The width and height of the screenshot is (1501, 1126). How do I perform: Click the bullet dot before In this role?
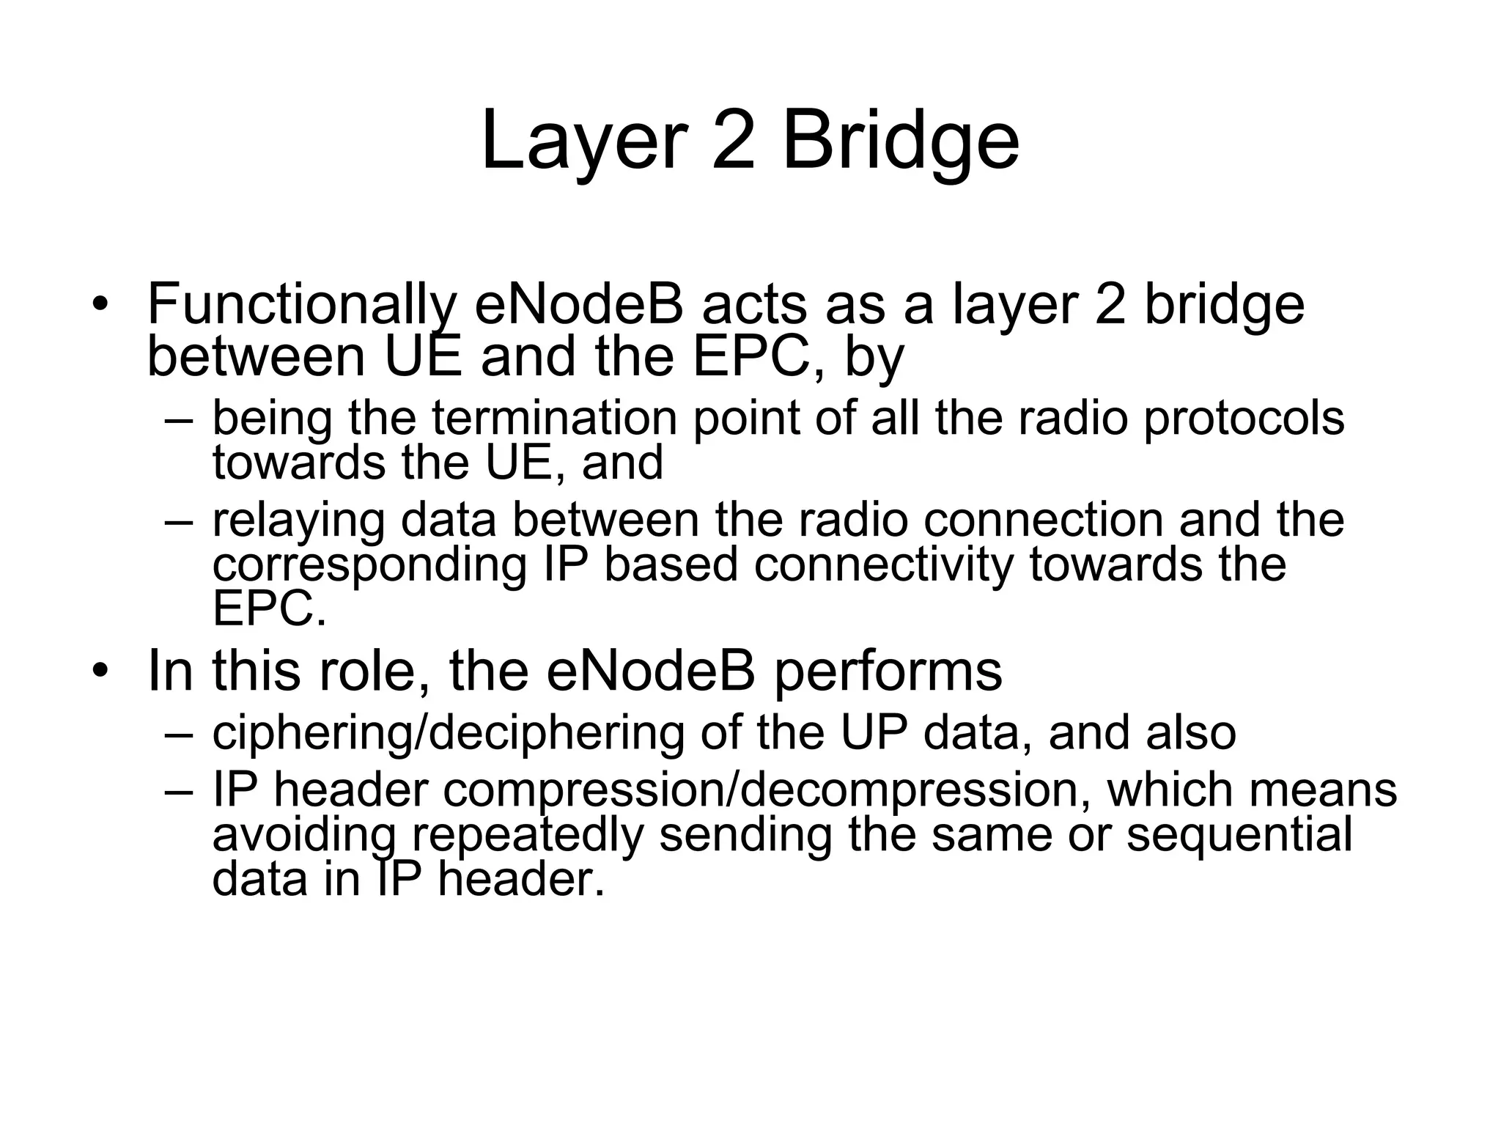100,670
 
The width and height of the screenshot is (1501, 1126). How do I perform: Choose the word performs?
888,671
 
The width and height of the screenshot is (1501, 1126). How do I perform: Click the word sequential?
1239,835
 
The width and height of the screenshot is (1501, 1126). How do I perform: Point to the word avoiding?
304,835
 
